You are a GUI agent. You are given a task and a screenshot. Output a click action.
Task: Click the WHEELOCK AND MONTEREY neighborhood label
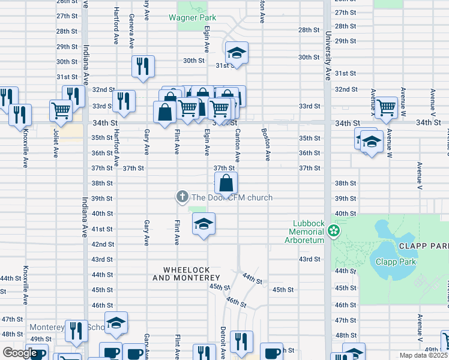coord(186,274)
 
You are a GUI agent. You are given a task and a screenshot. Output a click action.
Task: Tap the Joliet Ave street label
coord(56,145)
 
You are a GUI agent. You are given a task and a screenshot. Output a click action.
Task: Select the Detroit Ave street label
coord(223,342)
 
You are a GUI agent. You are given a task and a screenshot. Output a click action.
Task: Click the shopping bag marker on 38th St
coord(226,183)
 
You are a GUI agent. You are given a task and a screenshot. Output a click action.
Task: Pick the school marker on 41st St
coord(203,224)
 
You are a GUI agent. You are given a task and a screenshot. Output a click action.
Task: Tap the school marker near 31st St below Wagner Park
coord(237,53)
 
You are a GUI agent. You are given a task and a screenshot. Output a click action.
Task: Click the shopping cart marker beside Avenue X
coord(387,107)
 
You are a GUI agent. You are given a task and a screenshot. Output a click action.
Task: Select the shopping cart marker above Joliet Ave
coord(61,110)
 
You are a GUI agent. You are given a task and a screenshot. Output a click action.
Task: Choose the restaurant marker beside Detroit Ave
coord(242,341)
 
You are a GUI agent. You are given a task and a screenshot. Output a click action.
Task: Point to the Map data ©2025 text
coord(423,355)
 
